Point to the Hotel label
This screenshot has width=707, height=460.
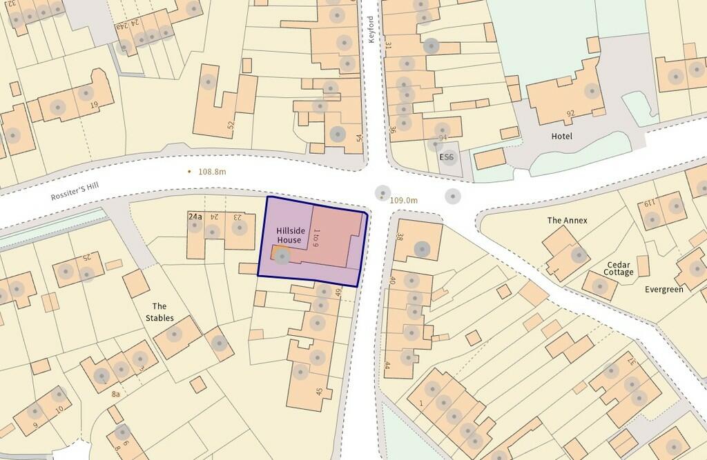(561, 136)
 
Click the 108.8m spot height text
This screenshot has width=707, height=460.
(211, 171)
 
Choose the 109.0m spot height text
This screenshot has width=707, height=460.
(404, 200)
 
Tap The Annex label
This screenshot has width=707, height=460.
(567, 220)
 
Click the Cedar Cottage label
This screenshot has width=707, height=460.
(619, 268)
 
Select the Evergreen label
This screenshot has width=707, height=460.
(664, 289)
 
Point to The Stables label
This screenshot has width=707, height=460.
(159, 312)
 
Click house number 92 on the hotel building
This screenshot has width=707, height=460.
(570, 113)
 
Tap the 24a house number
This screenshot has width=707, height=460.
(195, 217)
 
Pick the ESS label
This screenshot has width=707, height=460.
(447, 157)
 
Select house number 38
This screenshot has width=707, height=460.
(400, 236)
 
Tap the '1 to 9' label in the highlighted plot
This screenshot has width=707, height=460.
(316, 237)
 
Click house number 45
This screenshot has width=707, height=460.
(319, 392)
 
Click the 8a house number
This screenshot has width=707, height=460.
(116, 394)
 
